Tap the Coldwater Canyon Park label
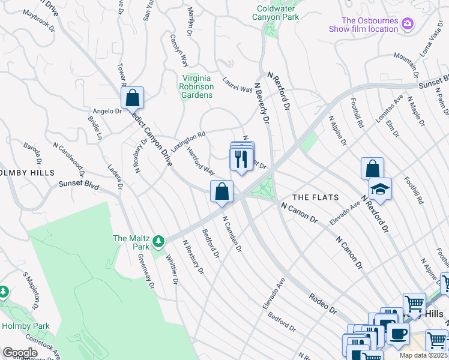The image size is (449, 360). (x=277, y=13)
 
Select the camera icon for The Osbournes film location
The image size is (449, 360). (x=408, y=24)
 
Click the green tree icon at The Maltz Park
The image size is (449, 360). (x=158, y=242)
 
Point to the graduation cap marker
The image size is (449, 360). (x=380, y=190)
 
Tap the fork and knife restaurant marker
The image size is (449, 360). (x=241, y=159)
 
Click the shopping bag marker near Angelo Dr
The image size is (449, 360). (x=132, y=98)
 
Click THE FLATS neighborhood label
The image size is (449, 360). (x=315, y=197)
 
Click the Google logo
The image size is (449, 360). (x=19, y=353)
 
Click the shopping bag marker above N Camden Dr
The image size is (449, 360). (x=222, y=192)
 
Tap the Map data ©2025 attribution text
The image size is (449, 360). (x=423, y=355)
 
